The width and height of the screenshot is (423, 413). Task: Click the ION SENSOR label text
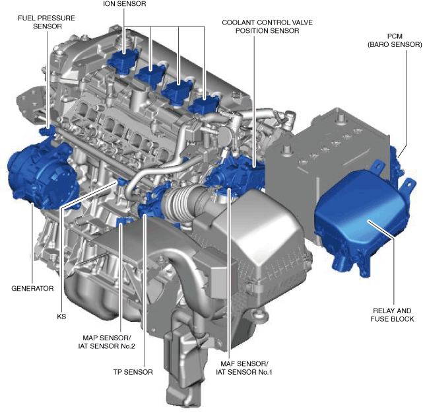pyautogui.click(x=124, y=4)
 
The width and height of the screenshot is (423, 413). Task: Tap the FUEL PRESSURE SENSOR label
pyautogui.click(x=47, y=22)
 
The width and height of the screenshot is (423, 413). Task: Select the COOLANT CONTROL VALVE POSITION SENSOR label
pyautogui.click(x=267, y=26)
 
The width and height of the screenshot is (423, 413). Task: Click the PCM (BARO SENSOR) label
pyautogui.click(x=395, y=40)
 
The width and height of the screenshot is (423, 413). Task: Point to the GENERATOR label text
pyautogui.click(x=32, y=289)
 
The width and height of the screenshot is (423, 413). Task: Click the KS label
pyautogui.click(x=61, y=317)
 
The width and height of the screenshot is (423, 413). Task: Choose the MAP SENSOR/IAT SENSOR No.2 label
pyautogui.click(x=106, y=342)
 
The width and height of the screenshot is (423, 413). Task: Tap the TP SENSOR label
pyautogui.click(x=133, y=372)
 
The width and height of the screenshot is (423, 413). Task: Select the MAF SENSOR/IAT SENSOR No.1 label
pyautogui.click(x=244, y=368)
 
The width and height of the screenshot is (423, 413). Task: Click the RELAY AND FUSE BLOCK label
pyautogui.click(x=392, y=315)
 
